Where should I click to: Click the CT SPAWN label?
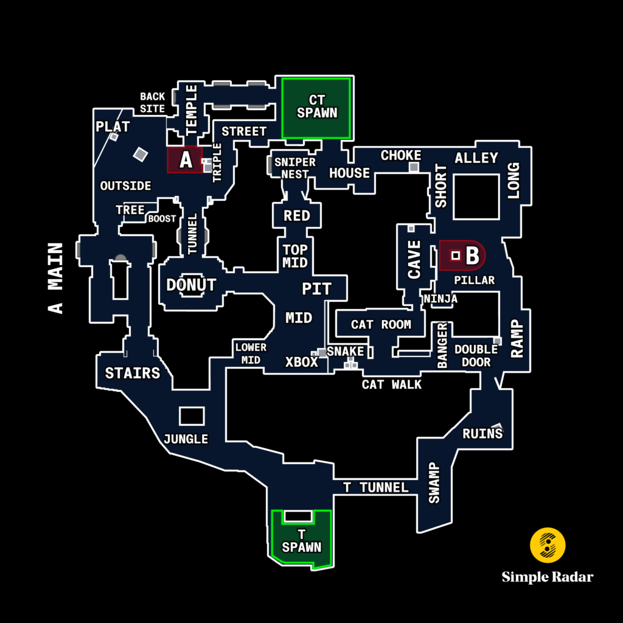(316, 106)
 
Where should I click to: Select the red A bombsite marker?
(185, 160)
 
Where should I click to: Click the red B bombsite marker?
(462, 256)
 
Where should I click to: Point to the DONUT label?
(191, 285)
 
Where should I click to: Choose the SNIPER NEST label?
(295, 168)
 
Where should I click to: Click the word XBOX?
(302, 362)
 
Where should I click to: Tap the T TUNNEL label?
(375, 487)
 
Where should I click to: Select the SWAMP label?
(434, 482)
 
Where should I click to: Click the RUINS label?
(482, 434)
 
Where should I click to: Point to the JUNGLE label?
(186, 439)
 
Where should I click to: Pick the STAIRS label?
(133, 373)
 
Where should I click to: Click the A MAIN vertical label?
(56, 278)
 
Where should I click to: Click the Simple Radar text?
(548, 577)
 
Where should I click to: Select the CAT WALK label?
(391, 385)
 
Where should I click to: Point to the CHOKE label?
(401, 156)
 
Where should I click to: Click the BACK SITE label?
(152, 102)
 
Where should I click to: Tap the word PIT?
(317, 288)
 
